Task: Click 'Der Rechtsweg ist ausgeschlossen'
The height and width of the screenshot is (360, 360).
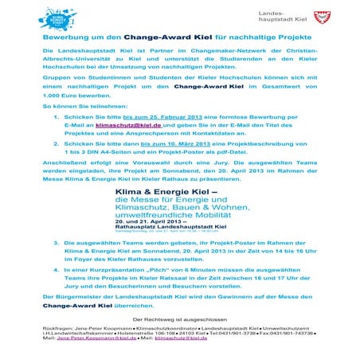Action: pos(179,318)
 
